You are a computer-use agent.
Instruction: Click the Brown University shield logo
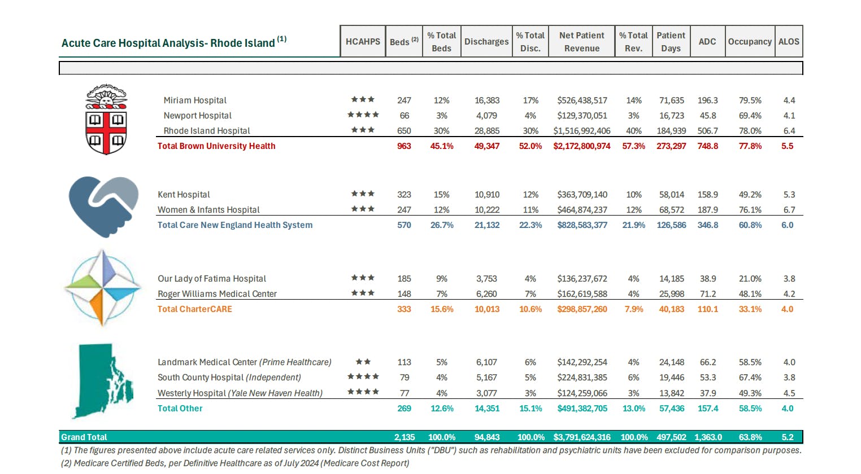pos(106,120)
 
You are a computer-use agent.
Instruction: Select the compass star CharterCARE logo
pos(103,288)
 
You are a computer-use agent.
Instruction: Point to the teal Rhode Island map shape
pos(103,381)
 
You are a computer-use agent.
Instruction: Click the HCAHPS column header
pos(363,41)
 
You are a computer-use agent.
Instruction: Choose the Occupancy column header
pos(750,41)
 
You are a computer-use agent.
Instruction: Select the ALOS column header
pos(789,41)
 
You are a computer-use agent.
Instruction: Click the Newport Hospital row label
pos(197,116)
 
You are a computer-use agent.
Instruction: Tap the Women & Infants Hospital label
pos(208,210)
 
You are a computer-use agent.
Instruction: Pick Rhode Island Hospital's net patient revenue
pos(582,131)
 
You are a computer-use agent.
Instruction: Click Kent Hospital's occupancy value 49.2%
pos(750,195)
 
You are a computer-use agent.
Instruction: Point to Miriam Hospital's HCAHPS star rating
pos(363,99)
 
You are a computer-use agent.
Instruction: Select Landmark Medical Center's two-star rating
pos(363,362)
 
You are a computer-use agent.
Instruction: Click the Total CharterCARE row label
pos(194,309)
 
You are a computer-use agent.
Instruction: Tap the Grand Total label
pos(84,437)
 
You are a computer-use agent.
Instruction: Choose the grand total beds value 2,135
pos(404,437)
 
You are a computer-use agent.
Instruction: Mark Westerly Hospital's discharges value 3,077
pos(486,393)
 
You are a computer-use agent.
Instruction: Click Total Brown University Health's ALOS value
pos(787,146)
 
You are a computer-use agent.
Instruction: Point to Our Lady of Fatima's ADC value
pos(707,279)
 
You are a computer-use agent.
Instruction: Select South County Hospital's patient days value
pos(671,378)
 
